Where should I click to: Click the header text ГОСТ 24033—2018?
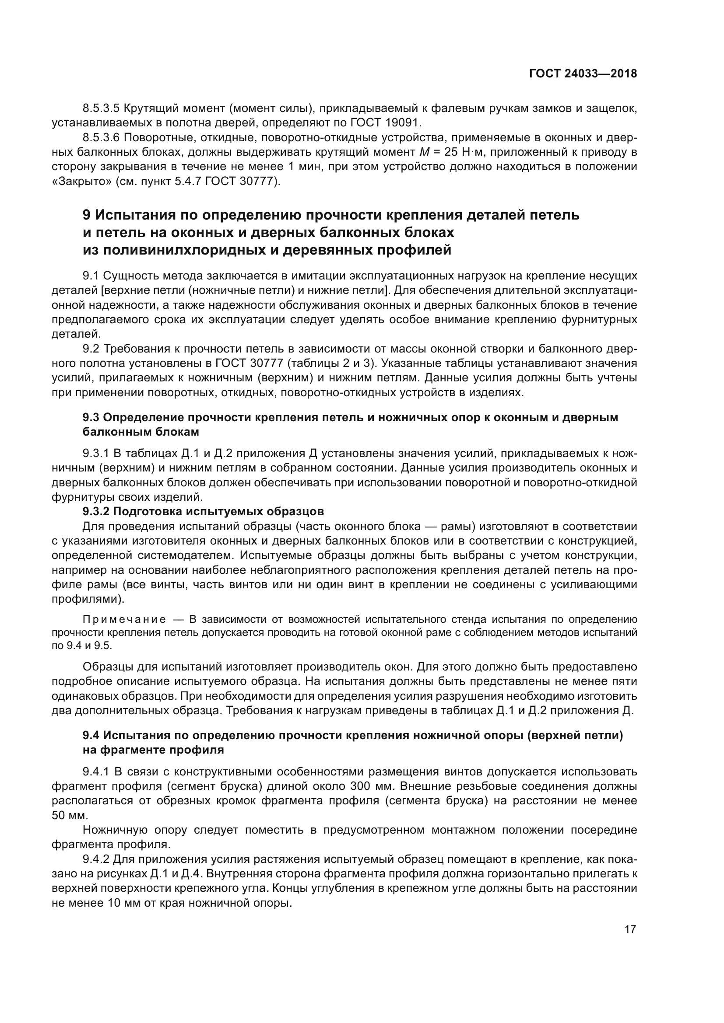tap(583, 74)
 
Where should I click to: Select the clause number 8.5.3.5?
tap(101, 108)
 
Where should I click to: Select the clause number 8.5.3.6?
tap(101, 137)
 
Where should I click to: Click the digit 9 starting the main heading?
tap(87, 215)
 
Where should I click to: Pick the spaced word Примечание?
tap(124, 620)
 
